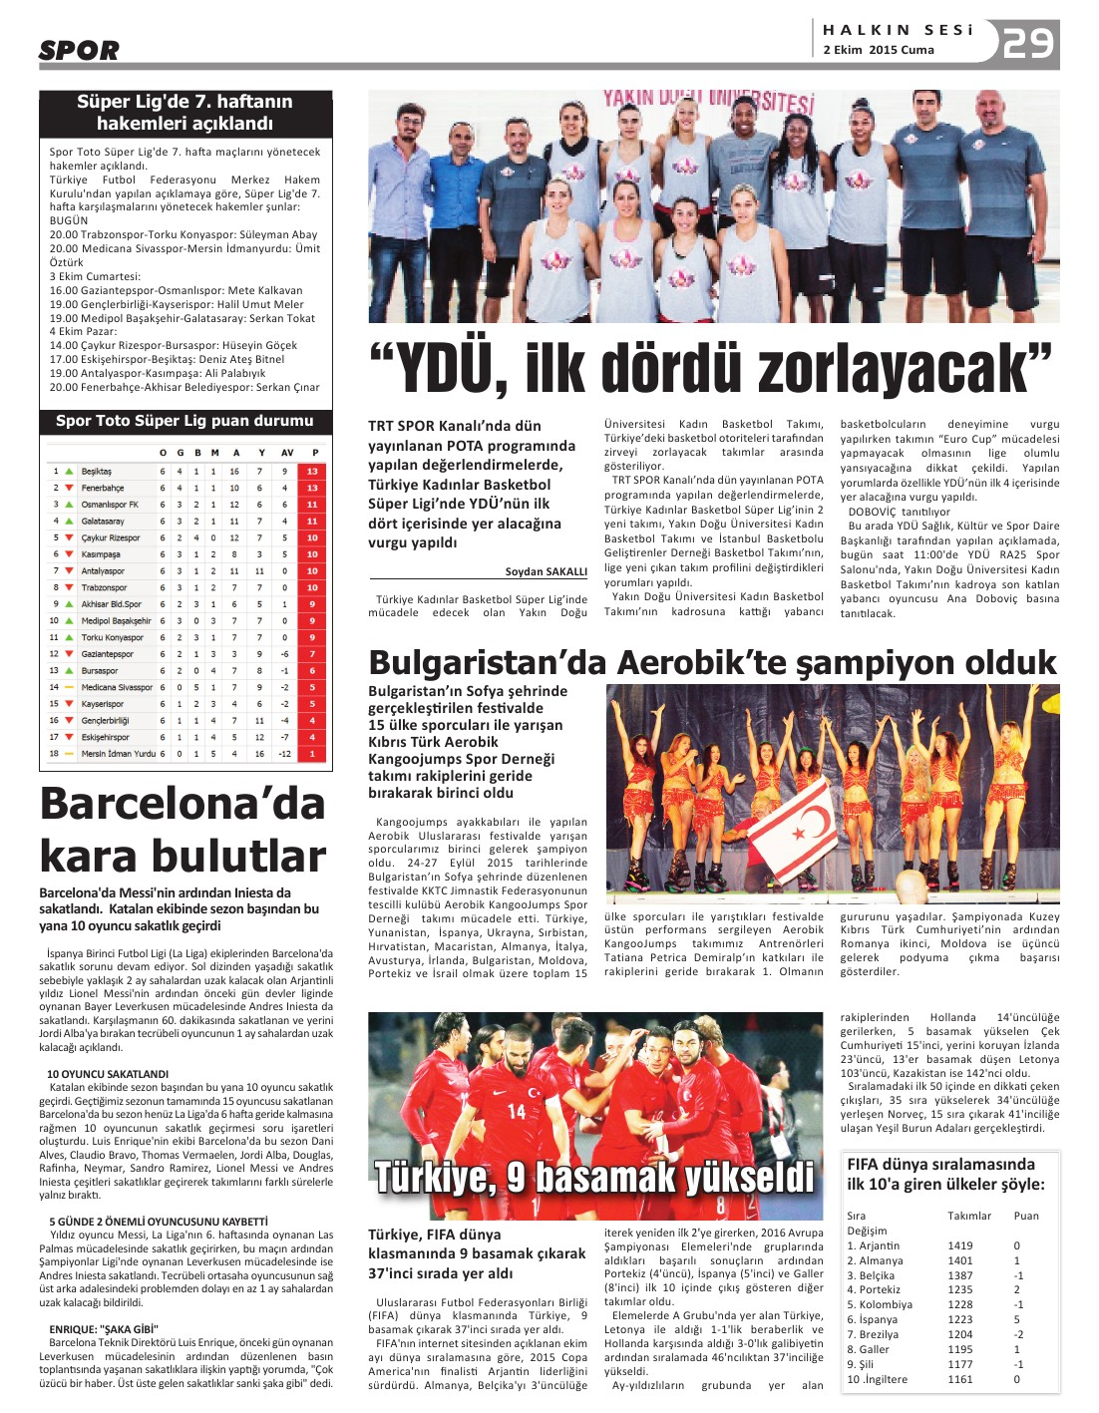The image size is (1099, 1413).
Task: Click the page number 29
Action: pos(1027,43)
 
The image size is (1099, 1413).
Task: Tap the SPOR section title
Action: pos(79,50)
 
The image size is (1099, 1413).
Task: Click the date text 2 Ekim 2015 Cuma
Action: pos(878,50)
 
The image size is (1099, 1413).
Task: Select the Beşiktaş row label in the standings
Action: pos(97,471)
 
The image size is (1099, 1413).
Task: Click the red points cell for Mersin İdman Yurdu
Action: pos(312,754)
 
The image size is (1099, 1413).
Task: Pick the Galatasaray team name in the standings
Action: pos(103,521)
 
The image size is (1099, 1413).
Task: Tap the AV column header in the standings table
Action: pos(287,453)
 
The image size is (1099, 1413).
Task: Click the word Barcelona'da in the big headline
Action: pos(183,804)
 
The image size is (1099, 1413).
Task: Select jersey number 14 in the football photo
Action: pos(517,1110)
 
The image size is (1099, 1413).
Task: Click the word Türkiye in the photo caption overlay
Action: pos(435,1177)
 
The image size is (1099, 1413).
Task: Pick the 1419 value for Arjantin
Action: pos(959,1245)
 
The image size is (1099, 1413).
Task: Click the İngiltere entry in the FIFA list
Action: pos(882,1379)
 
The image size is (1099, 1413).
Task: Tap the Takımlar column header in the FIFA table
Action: pos(969,1216)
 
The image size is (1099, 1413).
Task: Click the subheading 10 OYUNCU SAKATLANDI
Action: pos(108,1074)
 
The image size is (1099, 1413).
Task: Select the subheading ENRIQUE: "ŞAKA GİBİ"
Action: pos(104,1329)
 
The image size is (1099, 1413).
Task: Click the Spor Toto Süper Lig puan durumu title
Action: pos(184,421)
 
